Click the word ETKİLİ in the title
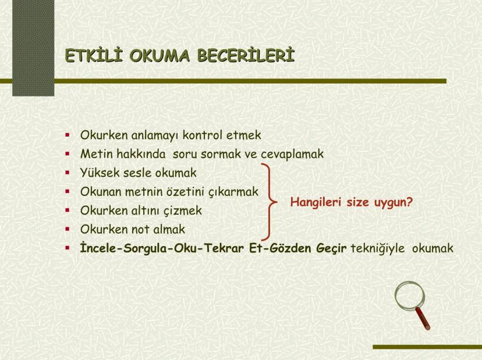click(94, 56)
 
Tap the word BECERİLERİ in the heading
click(246, 56)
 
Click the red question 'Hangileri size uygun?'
click(352, 202)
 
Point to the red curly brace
click(270, 202)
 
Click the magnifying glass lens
click(409, 296)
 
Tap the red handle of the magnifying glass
click(423, 319)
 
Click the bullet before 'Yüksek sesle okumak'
click(68, 173)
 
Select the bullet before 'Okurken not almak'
click(68, 229)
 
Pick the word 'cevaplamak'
click(292, 154)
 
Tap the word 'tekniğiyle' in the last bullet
click(377, 248)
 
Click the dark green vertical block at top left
click(33, 48)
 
